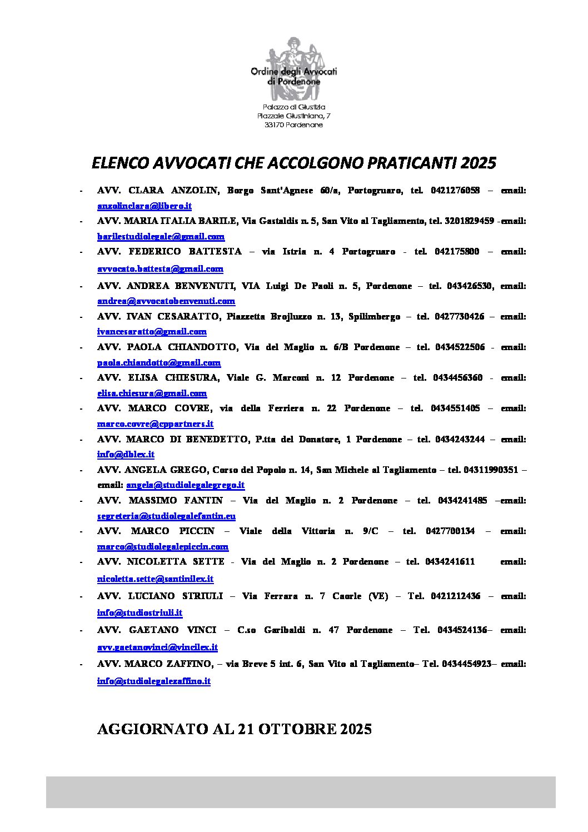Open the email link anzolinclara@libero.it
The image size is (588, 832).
pyautogui.click(x=144, y=206)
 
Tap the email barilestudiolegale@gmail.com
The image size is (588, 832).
pyautogui.click(x=161, y=237)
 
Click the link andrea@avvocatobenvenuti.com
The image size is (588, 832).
pyautogui.click(x=166, y=301)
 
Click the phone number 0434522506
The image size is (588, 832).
pyautogui.click(x=460, y=347)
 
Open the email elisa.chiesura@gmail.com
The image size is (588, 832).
pyautogui.click(x=152, y=393)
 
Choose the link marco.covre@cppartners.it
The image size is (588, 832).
pyautogui.click(x=155, y=424)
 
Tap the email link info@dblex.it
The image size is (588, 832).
pyautogui.click(x=126, y=455)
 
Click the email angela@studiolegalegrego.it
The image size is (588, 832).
pyautogui.click(x=185, y=485)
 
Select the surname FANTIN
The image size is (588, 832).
pyautogui.click(x=203, y=501)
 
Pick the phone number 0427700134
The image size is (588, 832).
pyautogui.click(x=450, y=531)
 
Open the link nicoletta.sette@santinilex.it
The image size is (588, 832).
pyautogui.click(x=155, y=579)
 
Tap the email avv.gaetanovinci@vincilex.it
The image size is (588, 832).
pyautogui.click(x=157, y=647)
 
